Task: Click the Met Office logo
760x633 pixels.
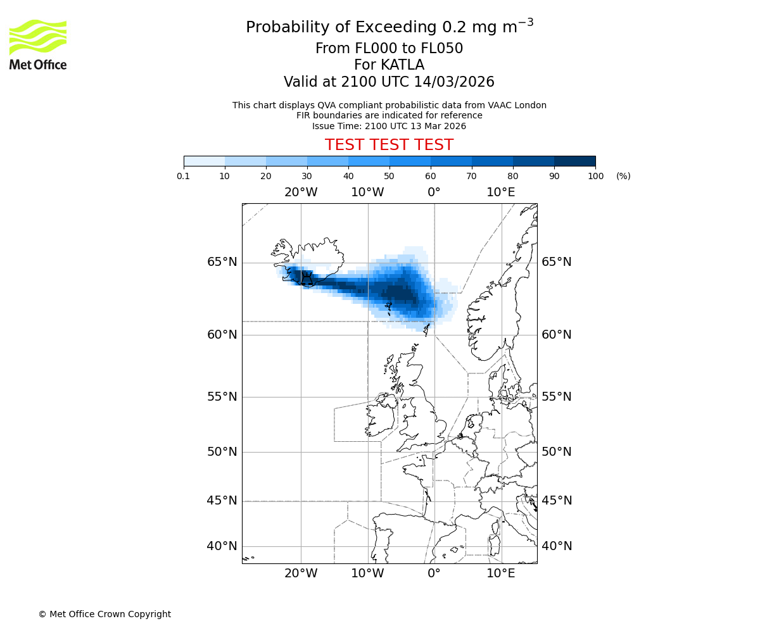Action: pos(38,44)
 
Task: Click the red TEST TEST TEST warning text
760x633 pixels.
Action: pos(389,145)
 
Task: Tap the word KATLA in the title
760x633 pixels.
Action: pos(403,65)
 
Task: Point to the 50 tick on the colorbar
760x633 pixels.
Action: pos(389,176)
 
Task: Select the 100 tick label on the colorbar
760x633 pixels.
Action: pos(595,176)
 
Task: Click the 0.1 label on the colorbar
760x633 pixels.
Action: pos(184,176)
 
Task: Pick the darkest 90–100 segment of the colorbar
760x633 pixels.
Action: pos(574,161)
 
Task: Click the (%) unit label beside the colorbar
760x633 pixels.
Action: pos(623,176)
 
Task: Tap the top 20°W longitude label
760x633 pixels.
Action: pos(301,192)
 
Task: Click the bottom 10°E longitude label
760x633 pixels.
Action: pos(500,573)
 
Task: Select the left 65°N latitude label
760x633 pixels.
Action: pos(222,262)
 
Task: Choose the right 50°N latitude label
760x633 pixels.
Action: pos(556,452)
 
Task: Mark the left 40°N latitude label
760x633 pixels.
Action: pos(222,546)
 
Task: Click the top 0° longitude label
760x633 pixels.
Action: pos(434,192)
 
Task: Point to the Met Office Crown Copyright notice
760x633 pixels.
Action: pos(104,614)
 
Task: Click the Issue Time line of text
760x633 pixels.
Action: pos(389,126)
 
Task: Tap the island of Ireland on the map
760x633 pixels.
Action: pos(380,418)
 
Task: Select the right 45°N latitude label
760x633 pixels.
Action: pos(556,501)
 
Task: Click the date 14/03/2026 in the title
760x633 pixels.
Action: pos(454,82)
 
